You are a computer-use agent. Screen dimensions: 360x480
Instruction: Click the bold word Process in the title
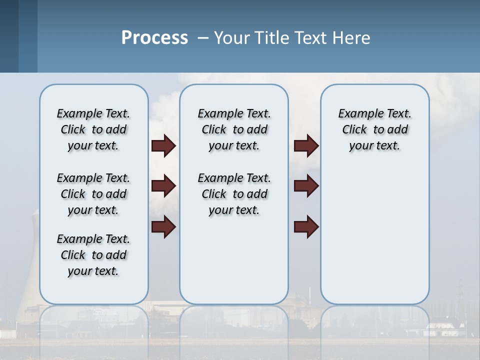click(x=154, y=38)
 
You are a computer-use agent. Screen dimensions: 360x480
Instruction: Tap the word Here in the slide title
click(x=351, y=38)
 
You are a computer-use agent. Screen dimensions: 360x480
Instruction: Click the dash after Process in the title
click(x=202, y=38)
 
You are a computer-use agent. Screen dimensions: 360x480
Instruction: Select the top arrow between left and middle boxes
click(x=163, y=146)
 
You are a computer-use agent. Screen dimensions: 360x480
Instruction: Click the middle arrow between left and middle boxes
click(x=163, y=186)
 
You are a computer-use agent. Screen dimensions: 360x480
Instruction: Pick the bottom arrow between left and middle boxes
click(x=163, y=227)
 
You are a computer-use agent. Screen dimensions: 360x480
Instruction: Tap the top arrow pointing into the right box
click(x=306, y=146)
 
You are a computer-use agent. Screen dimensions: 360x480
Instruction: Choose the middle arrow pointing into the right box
click(x=306, y=186)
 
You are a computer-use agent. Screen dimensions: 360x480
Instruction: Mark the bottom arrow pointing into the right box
click(x=306, y=227)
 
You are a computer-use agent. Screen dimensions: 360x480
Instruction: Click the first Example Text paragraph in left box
click(x=93, y=129)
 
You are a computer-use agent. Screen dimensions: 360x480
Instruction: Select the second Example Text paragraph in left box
click(x=93, y=194)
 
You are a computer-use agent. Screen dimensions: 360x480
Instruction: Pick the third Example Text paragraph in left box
click(x=93, y=255)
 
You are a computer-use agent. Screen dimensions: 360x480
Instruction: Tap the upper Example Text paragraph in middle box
click(x=234, y=129)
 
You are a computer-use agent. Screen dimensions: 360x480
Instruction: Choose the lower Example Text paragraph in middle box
click(x=234, y=194)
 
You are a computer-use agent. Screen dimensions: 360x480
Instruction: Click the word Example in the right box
click(x=357, y=114)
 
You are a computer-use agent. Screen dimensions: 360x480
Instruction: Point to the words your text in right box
click(x=374, y=146)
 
